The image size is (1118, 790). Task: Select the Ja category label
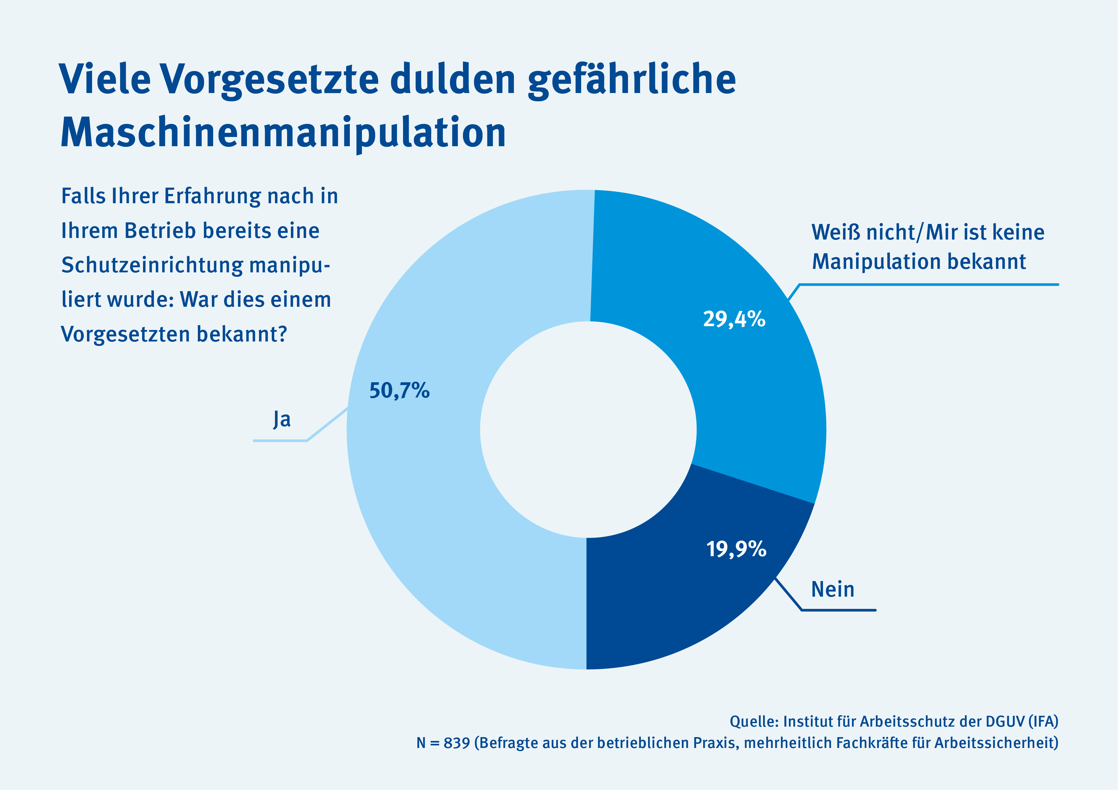pyautogui.click(x=282, y=420)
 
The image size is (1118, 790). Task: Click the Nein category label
pyautogui.click(x=833, y=589)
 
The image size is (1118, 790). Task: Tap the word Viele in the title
pyautogui.click(x=105, y=79)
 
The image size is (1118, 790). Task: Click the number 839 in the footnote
pyautogui.click(x=457, y=743)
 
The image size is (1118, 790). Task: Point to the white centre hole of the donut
pyautogui.click(x=588, y=429)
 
